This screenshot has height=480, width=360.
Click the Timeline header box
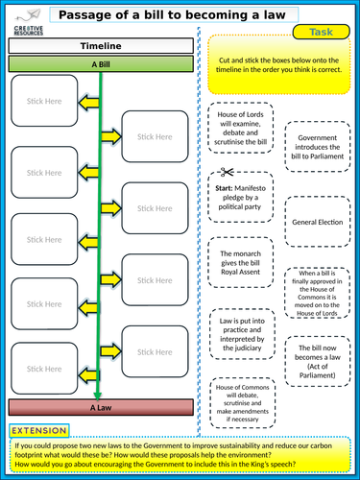98,46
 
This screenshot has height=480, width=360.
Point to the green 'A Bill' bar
98,63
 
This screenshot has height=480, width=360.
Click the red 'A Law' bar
98,407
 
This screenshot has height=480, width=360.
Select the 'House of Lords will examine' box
240,127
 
